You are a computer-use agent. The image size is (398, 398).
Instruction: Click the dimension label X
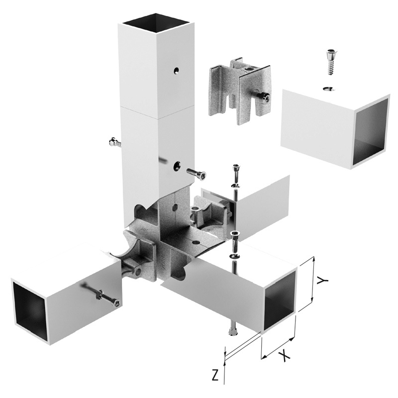pyautogui.click(x=284, y=356)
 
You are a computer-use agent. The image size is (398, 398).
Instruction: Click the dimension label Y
pyautogui.click(x=323, y=280)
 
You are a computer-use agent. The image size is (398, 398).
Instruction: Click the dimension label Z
pyautogui.click(x=215, y=375)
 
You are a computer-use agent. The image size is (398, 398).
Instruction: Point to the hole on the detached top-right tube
pyautogui.click(x=329, y=89)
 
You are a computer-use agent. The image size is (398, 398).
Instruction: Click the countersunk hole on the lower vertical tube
pyautogui.click(x=177, y=166)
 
